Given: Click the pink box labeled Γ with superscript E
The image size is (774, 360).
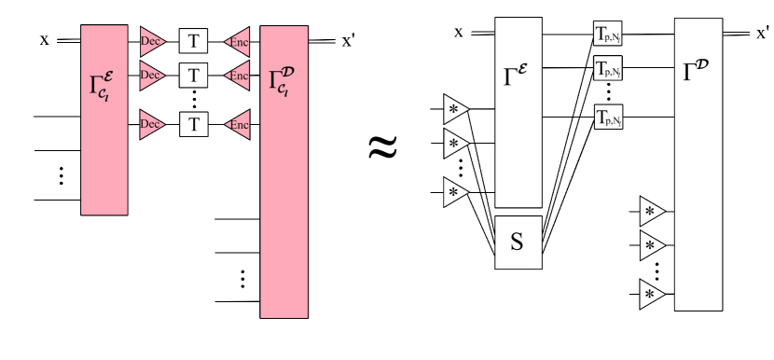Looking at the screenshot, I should pyautogui.click(x=104, y=119).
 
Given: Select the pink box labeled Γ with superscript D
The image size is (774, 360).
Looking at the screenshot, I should pyautogui.click(x=283, y=172).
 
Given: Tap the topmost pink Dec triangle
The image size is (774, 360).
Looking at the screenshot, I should pyautogui.click(x=151, y=41).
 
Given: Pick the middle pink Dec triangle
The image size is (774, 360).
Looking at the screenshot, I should pyautogui.click(x=151, y=75).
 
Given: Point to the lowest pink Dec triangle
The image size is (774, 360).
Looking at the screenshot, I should pyautogui.click(x=151, y=124).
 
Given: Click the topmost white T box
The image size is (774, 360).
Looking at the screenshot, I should pyautogui.click(x=194, y=41).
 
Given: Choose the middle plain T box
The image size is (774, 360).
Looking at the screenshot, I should pyautogui.click(x=194, y=75).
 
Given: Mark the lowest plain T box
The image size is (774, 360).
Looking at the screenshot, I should pyautogui.click(x=194, y=124).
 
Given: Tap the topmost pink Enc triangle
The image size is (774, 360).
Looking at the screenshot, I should pyautogui.click(x=239, y=41).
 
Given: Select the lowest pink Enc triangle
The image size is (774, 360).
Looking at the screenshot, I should pyautogui.click(x=239, y=124).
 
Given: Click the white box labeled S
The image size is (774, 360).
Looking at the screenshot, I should pyautogui.click(x=518, y=242).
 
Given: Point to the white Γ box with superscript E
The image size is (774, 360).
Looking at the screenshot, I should pyautogui.click(x=518, y=112).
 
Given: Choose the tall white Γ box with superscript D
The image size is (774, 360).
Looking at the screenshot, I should pyautogui.click(x=698, y=164).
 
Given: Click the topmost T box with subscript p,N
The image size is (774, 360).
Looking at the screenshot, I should pyautogui.click(x=608, y=35).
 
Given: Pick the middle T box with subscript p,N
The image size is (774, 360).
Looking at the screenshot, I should pyautogui.click(x=608, y=68).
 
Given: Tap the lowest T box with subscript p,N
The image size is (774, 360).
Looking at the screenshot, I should pyautogui.click(x=608, y=118).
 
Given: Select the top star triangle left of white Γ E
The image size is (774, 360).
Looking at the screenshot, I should pyautogui.click(x=454, y=110).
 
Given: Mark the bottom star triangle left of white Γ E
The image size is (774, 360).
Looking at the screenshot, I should pyautogui.click(x=454, y=193).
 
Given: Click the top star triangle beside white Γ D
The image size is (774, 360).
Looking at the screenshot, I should pyautogui.click(x=651, y=212).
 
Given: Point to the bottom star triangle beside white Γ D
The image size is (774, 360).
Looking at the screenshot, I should pyautogui.click(x=651, y=295).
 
